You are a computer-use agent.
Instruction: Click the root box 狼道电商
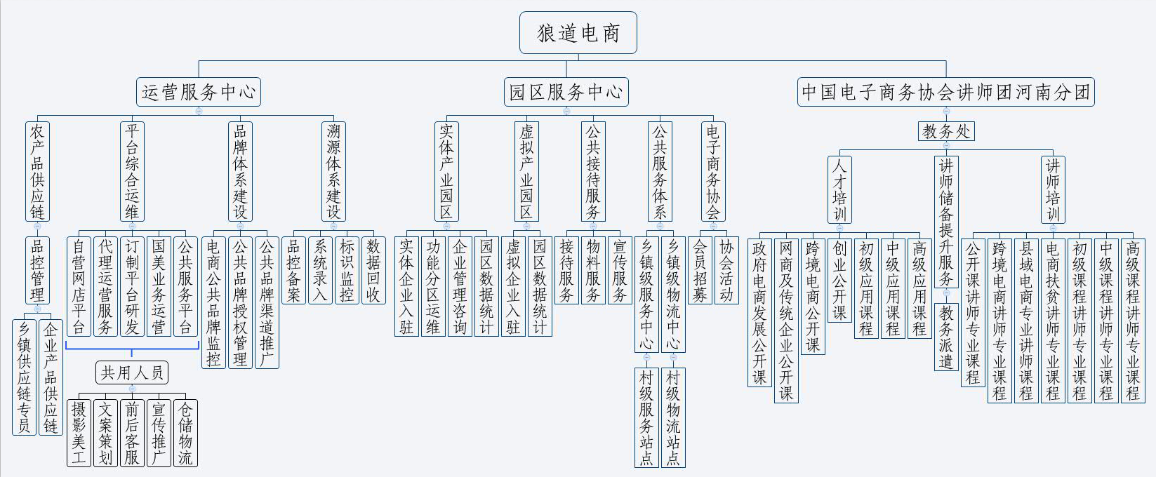click(x=578, y=33)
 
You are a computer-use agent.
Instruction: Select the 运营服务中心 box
click(x=199, y=92)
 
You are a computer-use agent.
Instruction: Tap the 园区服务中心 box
click(x=566, y=92)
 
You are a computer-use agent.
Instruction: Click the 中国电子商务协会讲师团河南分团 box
click(x=946, y=92)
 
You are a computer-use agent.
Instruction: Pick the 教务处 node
click(x=946, y=131)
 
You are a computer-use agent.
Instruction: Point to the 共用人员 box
click(x=132, y=372)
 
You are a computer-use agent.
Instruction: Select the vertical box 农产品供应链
click(x=37, y=172)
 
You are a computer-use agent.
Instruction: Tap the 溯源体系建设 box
click(x=333, y=172)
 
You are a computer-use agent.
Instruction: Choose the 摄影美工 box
click(x=79, y=433)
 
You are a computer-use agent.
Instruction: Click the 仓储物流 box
click(x=185, y=433)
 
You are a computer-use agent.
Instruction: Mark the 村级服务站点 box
click(x=646, y=418)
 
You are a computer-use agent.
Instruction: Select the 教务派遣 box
click(x=946, y=337)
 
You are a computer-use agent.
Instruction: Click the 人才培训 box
click(x=839, y=189)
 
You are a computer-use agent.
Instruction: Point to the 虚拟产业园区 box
click(x=526, y=172)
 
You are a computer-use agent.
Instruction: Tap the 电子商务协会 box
click(x=713, y=172)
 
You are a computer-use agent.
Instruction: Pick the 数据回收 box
click(x=373, y=270)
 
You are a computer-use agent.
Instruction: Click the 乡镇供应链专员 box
click(x=24, y=377)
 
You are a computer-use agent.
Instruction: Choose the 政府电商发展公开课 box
click(x=759, y=312)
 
